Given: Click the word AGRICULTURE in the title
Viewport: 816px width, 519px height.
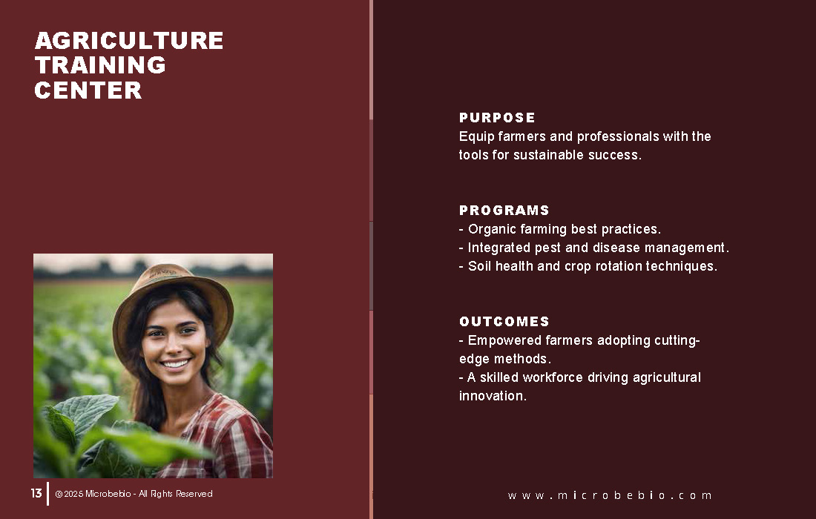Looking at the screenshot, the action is pos(129,41).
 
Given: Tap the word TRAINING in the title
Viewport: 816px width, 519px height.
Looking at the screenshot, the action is pos(100,65).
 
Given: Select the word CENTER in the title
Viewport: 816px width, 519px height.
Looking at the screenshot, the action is pos(88,90).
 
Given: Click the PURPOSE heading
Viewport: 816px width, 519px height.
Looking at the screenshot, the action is pos(497,118).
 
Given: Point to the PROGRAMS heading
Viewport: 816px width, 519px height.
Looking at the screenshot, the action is pos(504,210).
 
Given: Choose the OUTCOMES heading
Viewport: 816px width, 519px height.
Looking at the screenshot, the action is pos(504,321).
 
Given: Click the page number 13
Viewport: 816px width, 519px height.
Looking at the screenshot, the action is pos(36,493).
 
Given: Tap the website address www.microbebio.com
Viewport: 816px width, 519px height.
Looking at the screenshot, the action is pos(609,495).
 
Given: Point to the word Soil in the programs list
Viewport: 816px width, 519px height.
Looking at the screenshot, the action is pos(479,266).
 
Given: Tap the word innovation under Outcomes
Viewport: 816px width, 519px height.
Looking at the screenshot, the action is pos(493,396).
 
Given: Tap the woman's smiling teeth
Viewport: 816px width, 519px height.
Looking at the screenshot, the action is pos(175,363).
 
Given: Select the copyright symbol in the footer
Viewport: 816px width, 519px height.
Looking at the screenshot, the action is pos(59,494).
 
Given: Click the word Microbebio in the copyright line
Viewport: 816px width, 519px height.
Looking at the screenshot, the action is pos(108,494).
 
